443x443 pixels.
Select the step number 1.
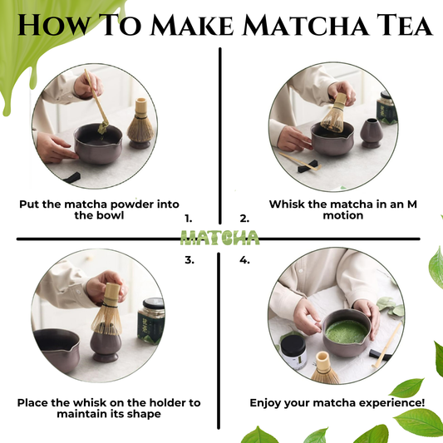[x=189, y=219]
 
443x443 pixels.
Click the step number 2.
[x=244, y=219]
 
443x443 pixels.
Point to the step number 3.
[x=189, y=259]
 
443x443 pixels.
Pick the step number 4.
[x=244, y=259]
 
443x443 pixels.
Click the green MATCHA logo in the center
[x=219, y=239]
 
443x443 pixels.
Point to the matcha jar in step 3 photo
[x=150, y=321]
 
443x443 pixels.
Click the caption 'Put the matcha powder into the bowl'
[x=99, y=209]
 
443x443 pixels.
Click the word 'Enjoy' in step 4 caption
[x=268, y=402]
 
